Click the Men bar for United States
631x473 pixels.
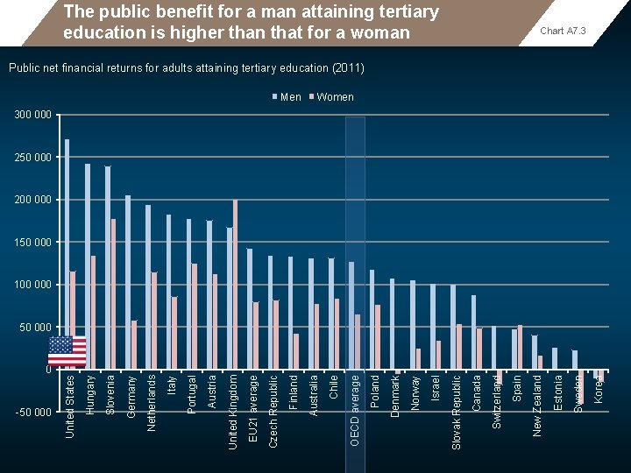pos(67,236)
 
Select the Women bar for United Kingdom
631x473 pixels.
pos(236,285)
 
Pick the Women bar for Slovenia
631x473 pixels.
pos(114,294)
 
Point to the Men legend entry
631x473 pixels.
pos(287,97)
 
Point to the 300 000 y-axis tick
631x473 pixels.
pos(33,115)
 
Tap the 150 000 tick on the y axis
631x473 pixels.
pos(33,242)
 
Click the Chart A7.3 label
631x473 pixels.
pos(563,32)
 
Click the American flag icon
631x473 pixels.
pos(67,351)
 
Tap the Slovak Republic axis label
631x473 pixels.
pos(457,412)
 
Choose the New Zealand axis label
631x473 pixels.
pos(537,404)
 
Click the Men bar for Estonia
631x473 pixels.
pos(555,358)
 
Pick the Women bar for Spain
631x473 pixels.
pos(521,347)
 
